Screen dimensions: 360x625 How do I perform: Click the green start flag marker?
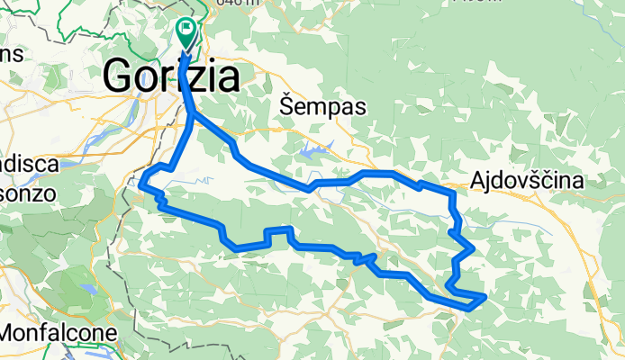point(186,32)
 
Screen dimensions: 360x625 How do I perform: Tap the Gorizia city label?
point(172,76)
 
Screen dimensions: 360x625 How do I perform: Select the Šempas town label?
point(322,107)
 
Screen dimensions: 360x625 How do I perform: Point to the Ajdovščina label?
point(526,182)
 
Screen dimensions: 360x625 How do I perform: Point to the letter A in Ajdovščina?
point(478,182)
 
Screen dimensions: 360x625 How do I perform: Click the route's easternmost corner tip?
point(485,295)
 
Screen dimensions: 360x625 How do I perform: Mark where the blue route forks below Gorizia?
point(193,112)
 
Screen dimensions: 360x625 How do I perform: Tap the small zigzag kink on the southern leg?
point(364,259)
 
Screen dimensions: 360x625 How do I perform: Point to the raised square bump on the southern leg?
point(277,232)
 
